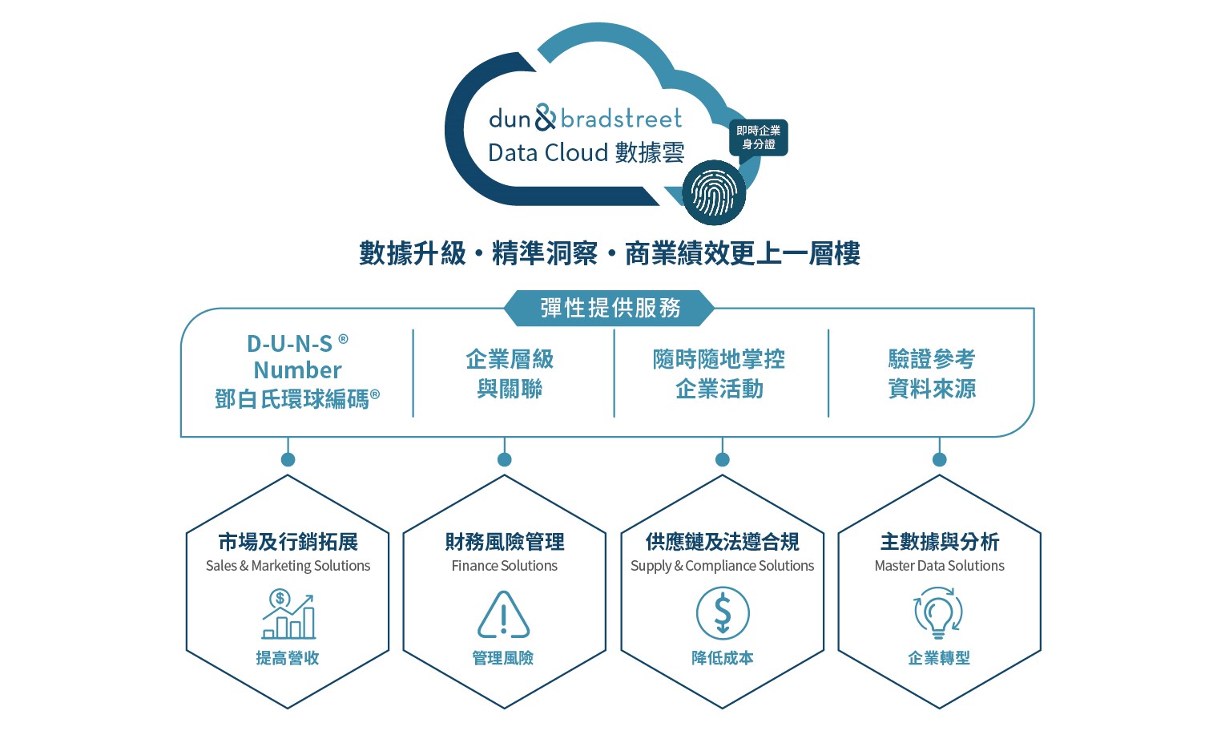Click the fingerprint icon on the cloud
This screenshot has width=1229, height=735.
point(713,193)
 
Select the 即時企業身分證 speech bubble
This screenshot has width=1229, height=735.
point(758,137)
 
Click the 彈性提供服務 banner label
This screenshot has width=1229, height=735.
point(610,308)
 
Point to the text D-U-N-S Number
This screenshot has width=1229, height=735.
point(297,357)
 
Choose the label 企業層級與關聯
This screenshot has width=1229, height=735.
point(510,374)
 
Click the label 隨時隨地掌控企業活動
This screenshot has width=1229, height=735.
point(719,374)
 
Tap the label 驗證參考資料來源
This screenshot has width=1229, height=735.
point(932,374)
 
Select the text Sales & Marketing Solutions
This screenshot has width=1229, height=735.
point(288,566)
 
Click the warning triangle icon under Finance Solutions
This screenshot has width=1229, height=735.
point(503,615)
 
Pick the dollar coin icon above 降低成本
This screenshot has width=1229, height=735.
point(722,613)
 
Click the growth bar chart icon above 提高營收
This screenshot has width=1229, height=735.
point(288,615)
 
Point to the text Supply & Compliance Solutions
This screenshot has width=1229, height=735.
point(722,566)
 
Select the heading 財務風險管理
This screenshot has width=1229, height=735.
point(505,543)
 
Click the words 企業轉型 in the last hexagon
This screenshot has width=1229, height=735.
point(938,658)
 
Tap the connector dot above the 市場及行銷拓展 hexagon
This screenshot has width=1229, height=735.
point(288,459)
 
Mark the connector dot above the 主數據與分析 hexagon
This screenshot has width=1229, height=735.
point(939,459)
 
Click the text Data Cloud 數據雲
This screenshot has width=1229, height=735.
point(586,152)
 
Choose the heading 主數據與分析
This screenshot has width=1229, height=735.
point(939,543)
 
